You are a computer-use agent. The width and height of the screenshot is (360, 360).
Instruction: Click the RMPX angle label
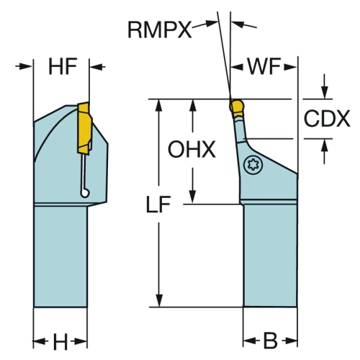click(x=160, y=30)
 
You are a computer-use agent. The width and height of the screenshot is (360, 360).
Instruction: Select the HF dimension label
click(x=63, y=66)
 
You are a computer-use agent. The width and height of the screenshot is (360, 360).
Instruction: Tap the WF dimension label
click(x=264, y=66)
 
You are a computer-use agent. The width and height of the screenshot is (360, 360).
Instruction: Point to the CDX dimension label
click(x=327, y=119)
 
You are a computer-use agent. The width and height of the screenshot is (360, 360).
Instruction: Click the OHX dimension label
click(x=192, y=149)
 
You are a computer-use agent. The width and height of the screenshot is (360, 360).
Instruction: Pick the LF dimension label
click(x=158, y=204)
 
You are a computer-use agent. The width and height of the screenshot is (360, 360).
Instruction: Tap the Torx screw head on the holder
click(x=253, y=165)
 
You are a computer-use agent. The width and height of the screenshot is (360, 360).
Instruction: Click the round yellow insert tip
click(x=237, y=107)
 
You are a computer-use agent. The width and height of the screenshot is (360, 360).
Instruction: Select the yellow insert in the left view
click(x=84, y=128)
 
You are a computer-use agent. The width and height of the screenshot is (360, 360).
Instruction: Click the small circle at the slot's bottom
click(x=85, y=193)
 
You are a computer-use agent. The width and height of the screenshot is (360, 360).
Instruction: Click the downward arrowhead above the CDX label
click(x=325, y=91)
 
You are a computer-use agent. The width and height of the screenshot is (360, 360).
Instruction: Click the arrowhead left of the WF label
click(x=237, y=68)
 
